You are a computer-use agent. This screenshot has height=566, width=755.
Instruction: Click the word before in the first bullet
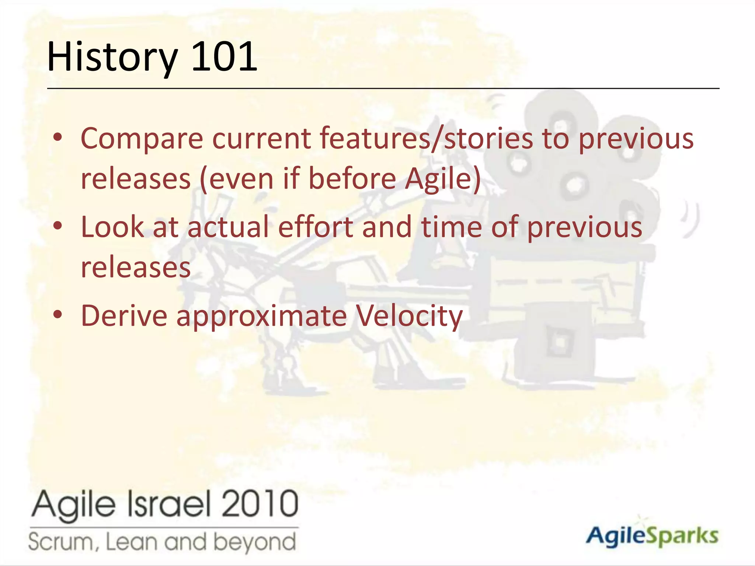click(x=352, y=179)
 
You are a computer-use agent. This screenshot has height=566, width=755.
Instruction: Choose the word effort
click(x=316, y=227)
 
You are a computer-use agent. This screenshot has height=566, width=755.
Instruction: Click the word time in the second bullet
click(x=451, y=227)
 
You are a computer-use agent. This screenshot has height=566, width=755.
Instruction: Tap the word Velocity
click(x=409, y=316)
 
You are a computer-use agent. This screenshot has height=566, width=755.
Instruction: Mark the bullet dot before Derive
click(x=58, y=315)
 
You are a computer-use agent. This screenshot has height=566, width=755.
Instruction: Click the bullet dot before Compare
click(x=58, y=137)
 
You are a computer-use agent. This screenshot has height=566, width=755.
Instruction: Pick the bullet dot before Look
click(x=58, y=226)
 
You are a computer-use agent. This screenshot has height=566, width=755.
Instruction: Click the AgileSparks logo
click(x=652, y=536)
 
